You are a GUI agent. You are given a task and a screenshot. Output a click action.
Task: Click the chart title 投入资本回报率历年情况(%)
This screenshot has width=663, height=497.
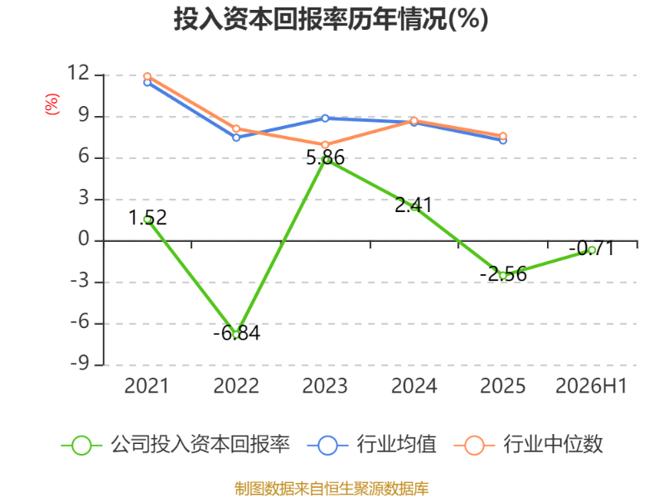click(x=331, y=19)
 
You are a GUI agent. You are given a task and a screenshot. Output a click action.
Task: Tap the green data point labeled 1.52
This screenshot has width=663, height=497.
click(x=148, y=220)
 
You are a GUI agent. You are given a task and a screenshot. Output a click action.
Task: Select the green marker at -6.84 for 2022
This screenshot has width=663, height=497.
click(x=236, y=335)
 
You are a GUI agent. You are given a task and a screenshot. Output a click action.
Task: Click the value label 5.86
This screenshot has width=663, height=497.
click(x=325, y=157)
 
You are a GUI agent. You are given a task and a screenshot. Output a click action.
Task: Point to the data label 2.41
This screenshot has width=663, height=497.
click(x=414, y=205)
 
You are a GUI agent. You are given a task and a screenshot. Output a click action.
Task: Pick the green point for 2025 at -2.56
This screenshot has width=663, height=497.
click(x=503, y=276)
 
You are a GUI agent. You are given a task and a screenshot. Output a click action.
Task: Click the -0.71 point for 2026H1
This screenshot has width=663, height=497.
click(x=592, y=250)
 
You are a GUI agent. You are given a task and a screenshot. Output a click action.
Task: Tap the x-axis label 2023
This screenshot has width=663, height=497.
click(x=325, y=386)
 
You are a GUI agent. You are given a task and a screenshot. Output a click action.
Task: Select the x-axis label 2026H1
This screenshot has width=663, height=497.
click(x=591, y=386)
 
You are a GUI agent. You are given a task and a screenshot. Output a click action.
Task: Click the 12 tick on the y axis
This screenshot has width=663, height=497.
click(x=79, y=73)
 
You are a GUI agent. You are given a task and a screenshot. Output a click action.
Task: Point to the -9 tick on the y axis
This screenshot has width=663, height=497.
click(x=80, y=363)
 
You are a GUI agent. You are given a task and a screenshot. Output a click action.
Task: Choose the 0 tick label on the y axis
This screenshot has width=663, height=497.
click(x=85, y=239)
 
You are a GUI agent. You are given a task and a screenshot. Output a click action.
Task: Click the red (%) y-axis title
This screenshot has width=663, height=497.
click(x=51, y=104)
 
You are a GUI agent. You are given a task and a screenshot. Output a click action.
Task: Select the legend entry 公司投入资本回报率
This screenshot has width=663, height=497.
click(x=176, y=445)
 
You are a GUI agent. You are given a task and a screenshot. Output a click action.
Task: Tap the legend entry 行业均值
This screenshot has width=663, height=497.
click(x=371, y=445)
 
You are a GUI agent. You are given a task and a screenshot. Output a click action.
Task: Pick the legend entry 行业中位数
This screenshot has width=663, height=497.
click(x=528, y=445)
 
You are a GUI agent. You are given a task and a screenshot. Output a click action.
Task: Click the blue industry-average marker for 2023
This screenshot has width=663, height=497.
click(x=325, y=118)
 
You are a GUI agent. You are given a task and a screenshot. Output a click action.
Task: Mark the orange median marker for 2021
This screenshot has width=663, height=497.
click(x=148, y=76)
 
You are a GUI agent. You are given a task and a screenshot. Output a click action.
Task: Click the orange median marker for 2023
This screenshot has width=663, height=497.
click(x=325, y=145)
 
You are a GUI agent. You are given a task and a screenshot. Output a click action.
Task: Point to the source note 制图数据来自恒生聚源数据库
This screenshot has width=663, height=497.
click(x=331, y=489)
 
